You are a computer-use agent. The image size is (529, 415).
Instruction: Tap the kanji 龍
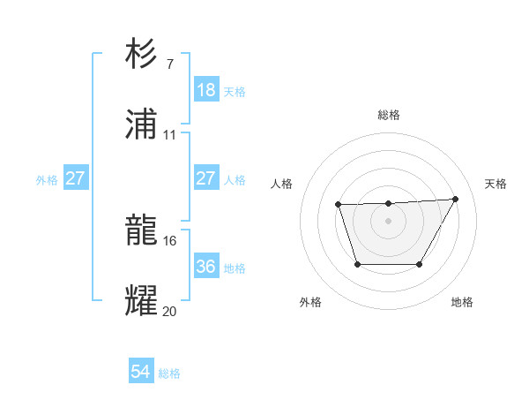click(142, 230)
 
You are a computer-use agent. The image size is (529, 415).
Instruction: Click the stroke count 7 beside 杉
click(169, 64)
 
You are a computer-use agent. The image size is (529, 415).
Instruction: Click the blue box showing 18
click(205, 90)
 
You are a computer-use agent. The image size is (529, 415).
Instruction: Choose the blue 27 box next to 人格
click(205, 178)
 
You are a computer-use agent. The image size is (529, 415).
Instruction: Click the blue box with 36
click(205, 267)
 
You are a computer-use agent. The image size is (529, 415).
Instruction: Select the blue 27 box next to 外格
click(75, 178)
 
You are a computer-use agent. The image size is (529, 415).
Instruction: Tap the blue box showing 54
click(140, 373)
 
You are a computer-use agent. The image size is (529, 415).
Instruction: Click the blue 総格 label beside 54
click(169, 373)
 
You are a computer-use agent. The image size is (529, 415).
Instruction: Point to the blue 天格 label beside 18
click(234, 91)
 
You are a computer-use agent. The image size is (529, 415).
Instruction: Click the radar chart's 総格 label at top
click(389, 115)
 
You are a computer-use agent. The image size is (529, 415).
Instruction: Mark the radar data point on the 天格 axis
click(456, 199)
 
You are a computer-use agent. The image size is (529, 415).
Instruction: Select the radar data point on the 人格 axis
click(339, 205)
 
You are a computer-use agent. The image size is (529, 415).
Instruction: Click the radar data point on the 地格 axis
click(420, 264)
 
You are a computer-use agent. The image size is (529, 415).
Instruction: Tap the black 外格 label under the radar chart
click(310, 302)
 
